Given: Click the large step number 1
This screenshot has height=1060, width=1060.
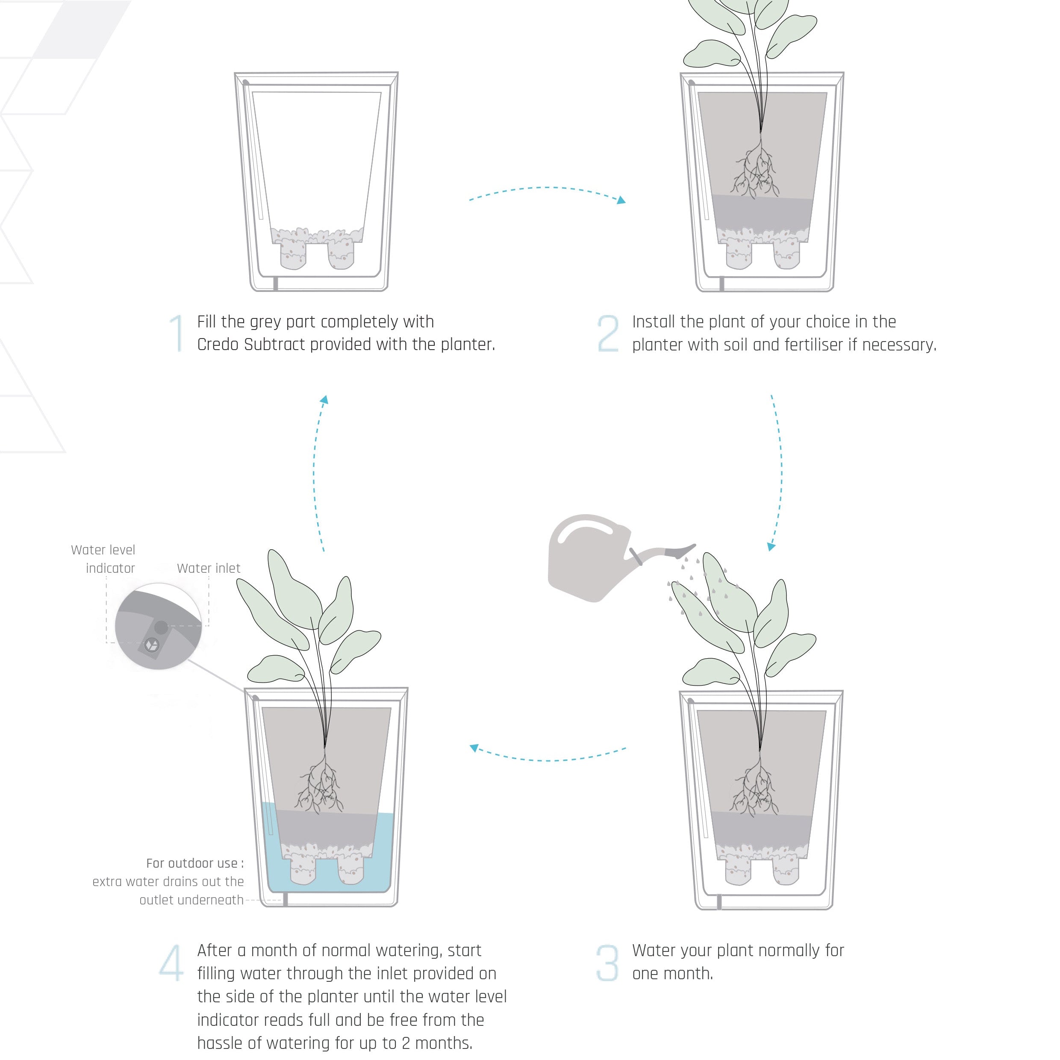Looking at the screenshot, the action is click(177, 333).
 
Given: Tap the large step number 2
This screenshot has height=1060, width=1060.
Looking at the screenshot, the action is click(608, 333).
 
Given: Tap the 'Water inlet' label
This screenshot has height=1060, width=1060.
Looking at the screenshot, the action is click(209, 568).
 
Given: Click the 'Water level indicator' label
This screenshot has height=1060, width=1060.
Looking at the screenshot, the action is click(103, 559).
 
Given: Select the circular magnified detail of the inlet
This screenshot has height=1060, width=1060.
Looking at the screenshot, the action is click(158, 627).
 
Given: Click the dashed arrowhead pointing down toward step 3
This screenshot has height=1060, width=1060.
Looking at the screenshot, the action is click(771, 546).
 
